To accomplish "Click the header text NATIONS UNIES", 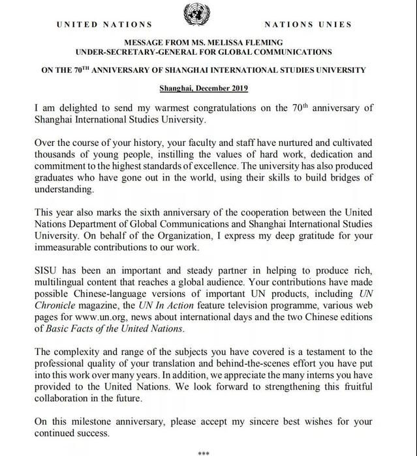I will tap(309, 25).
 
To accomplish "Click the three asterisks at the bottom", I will tap(203, 451).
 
